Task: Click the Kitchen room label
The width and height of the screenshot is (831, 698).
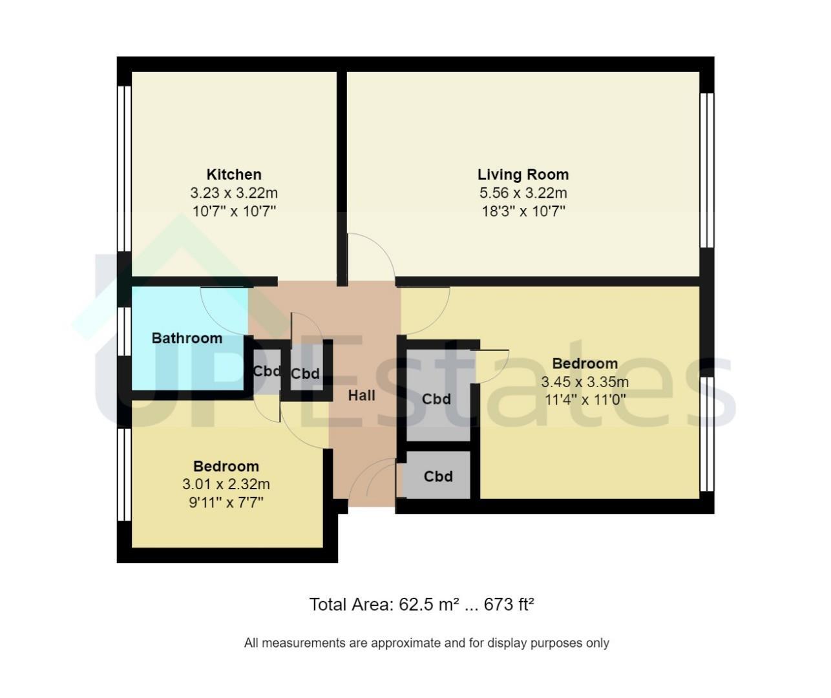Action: pyautogui.click(x=234, y=174)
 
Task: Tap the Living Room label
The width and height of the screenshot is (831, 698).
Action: pyautogui.click(x=523, y=174)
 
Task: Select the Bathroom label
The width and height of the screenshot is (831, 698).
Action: pyautogui.click(x=187, y=338)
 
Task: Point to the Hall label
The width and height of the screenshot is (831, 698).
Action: pyautogui.click(x=361, y=396)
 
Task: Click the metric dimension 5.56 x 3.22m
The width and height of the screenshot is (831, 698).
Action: pyautogui.click(x=523, y=193)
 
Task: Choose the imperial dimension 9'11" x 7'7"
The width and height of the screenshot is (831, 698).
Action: pyautogui.click(x=226, y=503)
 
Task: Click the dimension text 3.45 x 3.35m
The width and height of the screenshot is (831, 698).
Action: pyautogui.click(x=585, y=382)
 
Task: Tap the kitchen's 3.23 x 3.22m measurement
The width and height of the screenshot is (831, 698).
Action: pyautogui.click(x=234, y=193)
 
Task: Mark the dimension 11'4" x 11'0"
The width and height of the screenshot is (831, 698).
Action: pyautogui.click(x=585, y=399)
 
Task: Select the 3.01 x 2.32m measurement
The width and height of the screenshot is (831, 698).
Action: pyautogui.click(x=226, y=484)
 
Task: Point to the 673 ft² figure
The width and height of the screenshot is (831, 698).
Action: pyautogui.click(x=509, y=604)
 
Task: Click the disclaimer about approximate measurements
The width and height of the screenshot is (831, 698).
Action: pyautogui.click(x=426, y=642)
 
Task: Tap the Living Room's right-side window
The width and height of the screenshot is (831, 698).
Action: pyautogui.click(x=707, y=171)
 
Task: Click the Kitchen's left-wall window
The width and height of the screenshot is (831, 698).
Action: pyautogui.click(x=124, y=169)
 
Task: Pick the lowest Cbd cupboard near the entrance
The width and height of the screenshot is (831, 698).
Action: pyautogui.click(x=438, y=476)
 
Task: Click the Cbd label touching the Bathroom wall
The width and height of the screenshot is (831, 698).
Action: pyautogui.click(x=267, y=371)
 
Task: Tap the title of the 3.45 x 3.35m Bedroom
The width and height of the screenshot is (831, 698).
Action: pyautogui.click(x=585, y=363)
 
